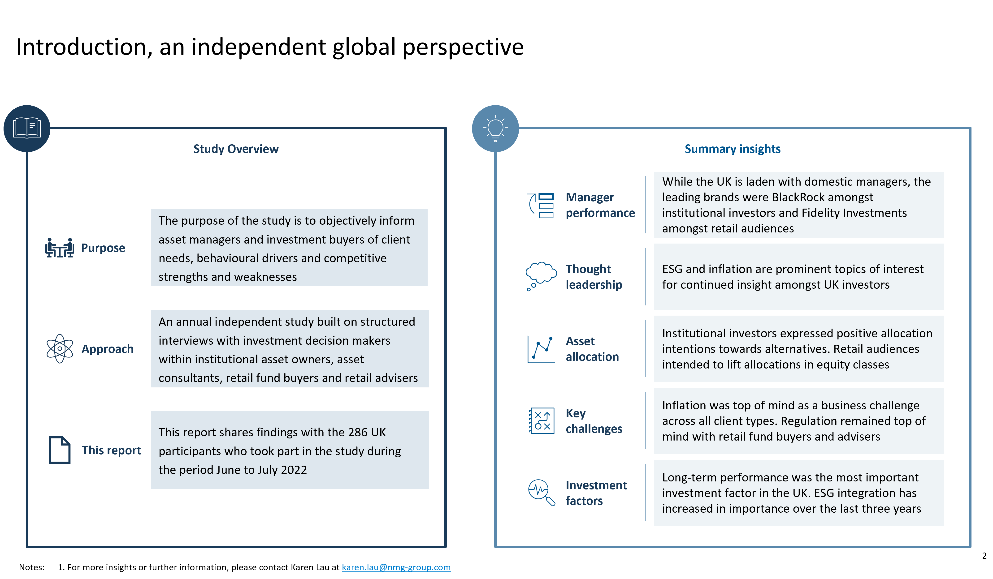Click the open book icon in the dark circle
[x=27, y=128]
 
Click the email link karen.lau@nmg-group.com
[x=396, y=567]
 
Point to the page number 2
[x=984, y=556]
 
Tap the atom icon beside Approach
[x=60, y=349]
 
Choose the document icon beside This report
[x=60, y=450]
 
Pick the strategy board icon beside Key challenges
[x=542, y=421]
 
